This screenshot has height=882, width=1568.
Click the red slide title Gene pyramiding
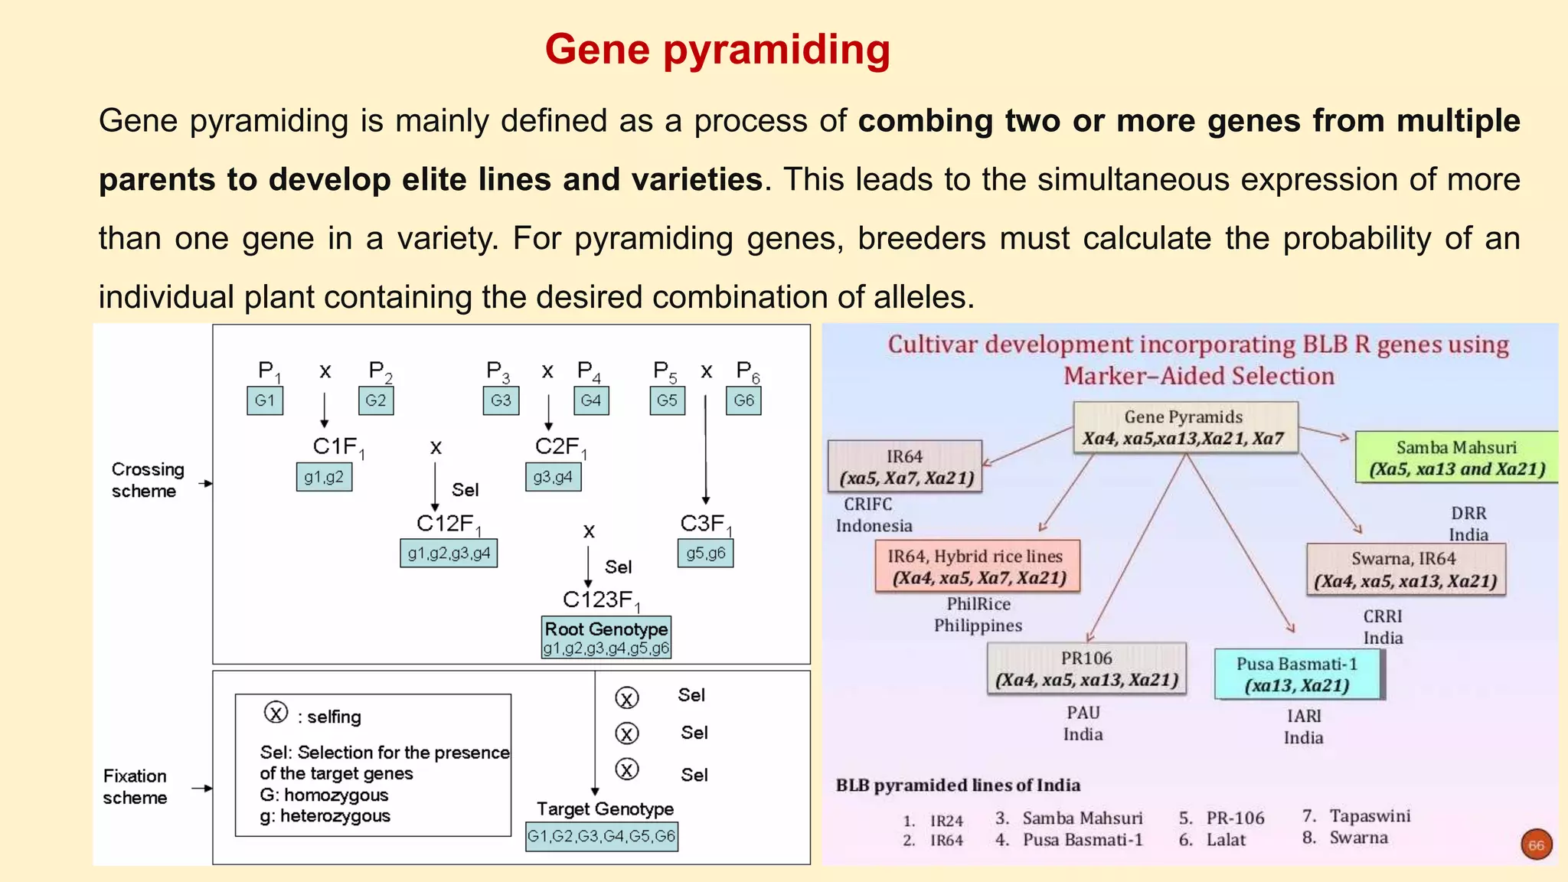717,50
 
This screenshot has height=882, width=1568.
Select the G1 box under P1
265,400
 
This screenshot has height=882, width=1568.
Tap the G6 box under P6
743,400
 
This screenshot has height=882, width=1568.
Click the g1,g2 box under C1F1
324,477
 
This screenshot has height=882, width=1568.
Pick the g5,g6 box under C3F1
705,554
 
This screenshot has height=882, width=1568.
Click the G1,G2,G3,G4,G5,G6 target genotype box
601,836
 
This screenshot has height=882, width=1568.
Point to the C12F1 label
448,524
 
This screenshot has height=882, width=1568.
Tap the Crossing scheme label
148,480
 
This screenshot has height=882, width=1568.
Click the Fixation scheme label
135,787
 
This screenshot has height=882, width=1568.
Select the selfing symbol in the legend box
276,713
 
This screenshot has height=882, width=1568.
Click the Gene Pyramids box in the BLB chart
1184,428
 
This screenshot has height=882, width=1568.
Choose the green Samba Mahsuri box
1456,458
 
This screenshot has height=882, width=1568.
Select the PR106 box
1086,669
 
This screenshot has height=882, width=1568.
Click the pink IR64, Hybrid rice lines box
978,567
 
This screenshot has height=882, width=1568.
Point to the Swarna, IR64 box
1405,570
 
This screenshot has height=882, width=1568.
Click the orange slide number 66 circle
1536,845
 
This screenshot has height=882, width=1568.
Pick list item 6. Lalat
1214,840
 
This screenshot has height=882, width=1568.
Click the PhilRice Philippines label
978,615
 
